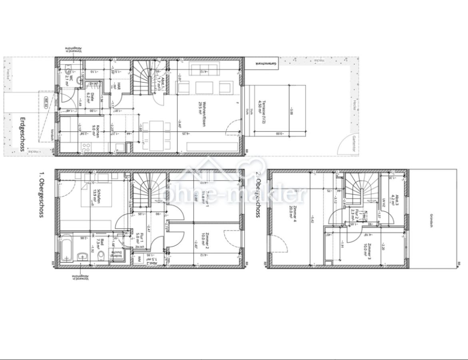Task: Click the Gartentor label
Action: [x=354, y=141]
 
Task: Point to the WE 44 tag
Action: [x=46, y=102]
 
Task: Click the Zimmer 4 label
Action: [x=293, y=210]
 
